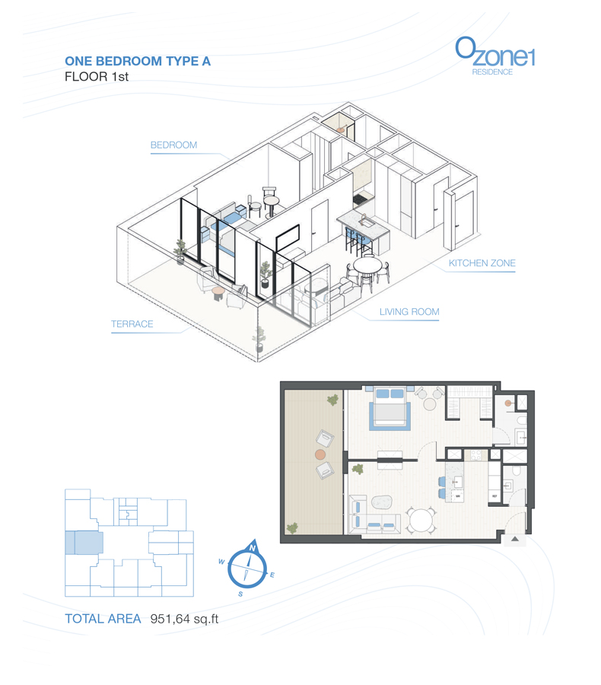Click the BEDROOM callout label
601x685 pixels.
coord(173,145)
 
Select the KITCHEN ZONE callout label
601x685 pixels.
coord(482,263)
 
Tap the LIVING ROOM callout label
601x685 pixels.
coord(409,312)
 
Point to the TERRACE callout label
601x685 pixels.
coord(132,324)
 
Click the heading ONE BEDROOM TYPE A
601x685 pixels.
coord(138,62)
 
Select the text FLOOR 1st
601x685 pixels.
coord(97,77)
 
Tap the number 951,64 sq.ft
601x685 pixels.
coord(184,619)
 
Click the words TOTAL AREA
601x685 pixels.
coord(103,619)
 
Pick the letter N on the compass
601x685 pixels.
coord(252,546)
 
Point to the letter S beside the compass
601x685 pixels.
coord(240,593)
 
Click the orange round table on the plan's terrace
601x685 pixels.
coord(320,454)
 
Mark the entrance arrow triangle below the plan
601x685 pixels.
coord(514,539)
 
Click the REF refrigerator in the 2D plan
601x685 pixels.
coord(494,497)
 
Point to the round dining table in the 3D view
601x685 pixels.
coord(368,264)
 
